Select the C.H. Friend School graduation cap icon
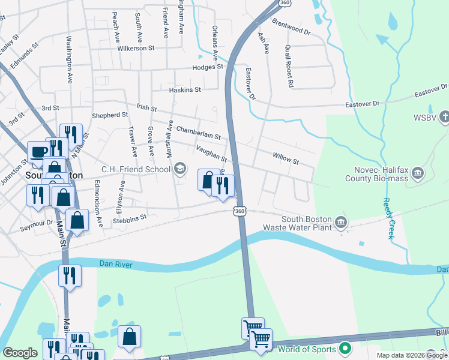tap(179, 169)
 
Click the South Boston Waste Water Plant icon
tap(340, 222)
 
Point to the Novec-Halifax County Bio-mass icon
tap(418, 174)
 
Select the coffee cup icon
tap(38, 152)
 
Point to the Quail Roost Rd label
tap(289, 67)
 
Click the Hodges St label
tap(208, 67)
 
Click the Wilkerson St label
tap(136, 47)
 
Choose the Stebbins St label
tap(130, 220)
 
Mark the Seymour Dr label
tap(37, 229)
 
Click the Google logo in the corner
tap(20, 353)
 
